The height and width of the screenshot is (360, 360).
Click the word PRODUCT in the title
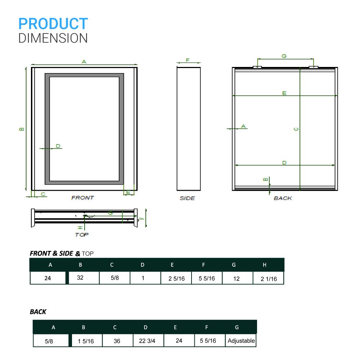coord(53,24)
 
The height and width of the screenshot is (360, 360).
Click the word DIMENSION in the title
coord(53,38)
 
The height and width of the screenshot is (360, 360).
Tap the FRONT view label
coord(82,198)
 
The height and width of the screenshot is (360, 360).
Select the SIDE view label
coord(187,198)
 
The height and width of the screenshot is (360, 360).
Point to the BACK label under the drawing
coord(283,198)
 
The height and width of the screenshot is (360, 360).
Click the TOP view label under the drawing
coord(82,234)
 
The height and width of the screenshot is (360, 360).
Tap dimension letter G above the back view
coord(284,56)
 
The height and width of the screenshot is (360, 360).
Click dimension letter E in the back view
coord(284,93)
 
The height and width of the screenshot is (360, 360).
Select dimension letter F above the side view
coord(188,60)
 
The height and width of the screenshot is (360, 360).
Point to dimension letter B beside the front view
coord(22,129)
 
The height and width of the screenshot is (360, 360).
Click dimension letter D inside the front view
coord(58,146)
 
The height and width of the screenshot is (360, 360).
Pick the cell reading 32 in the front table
coord(80,278)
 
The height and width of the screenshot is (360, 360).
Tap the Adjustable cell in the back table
coord(241,341)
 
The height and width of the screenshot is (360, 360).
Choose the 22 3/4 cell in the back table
coord(147,341)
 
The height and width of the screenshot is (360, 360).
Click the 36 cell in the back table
coord(117,341)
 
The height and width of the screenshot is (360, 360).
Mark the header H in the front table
coord(265,265)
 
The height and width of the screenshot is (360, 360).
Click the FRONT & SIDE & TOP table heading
coord(62,253)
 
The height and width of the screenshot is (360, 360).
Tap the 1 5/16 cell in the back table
coord(86,341)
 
